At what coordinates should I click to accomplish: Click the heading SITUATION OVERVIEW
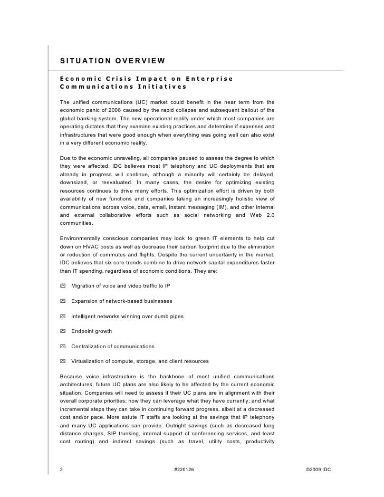(112, 60)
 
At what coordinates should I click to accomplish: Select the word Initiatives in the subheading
(161, 87)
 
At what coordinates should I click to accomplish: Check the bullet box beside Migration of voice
(63, 285)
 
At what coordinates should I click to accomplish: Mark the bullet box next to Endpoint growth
(63, 331)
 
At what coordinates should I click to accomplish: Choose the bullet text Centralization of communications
(113, 347)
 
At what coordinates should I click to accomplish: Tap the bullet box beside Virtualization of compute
(63, 361)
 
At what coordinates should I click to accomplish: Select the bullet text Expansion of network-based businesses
(121, 301)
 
